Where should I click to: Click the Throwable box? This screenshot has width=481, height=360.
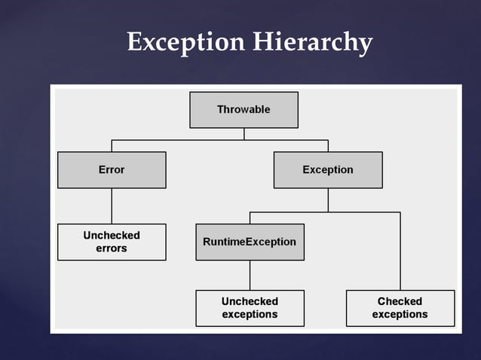click(244, 109)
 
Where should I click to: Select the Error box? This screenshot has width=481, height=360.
click(112, 169)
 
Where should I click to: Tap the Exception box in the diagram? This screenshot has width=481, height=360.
click(328, 169)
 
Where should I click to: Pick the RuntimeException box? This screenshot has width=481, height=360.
click(250, 242)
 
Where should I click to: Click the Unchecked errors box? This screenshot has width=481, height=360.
click(112, 242)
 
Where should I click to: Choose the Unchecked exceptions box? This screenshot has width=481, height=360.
click(250, 308)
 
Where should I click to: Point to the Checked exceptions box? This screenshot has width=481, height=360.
click(400, 308)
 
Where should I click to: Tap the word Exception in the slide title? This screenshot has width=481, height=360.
click(185, 42)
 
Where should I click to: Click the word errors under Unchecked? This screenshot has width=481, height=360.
click(112, 249)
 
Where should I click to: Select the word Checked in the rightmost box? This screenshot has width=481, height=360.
click(400, 301)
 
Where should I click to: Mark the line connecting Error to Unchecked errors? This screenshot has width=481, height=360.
click(112, 206)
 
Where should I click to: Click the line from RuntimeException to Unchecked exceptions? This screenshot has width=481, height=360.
click(250, 275)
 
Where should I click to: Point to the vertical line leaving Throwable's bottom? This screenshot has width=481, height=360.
click(244, 133)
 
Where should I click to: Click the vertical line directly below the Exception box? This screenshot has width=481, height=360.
click(328, 200)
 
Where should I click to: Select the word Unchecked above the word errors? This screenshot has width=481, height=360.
click(112, 235)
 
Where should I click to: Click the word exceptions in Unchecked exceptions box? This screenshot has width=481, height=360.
click(250, 315)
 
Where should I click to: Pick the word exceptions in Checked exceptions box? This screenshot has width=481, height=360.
click(400, 315)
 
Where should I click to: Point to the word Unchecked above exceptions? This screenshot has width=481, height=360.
click(250, 301)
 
